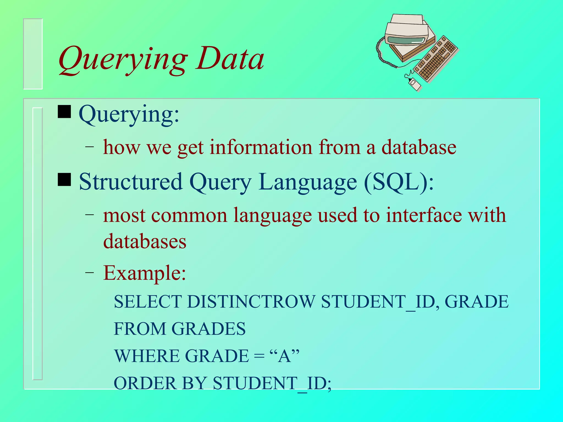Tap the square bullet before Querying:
click(x=64, y=112)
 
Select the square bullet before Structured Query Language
click(x=64, y=179)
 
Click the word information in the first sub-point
click(x=261, y=147)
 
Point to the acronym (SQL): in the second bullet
click(x=398, y=182)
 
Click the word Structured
click(x=131, y=182)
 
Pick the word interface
click(x=424, y=215)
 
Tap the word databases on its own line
click(x=145, y=241)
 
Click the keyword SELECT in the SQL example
click(x=148, y=302)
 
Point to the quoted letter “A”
click(x=284, y=356)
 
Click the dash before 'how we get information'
click(x=89, y=147)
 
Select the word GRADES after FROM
click(x=208, y=329)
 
